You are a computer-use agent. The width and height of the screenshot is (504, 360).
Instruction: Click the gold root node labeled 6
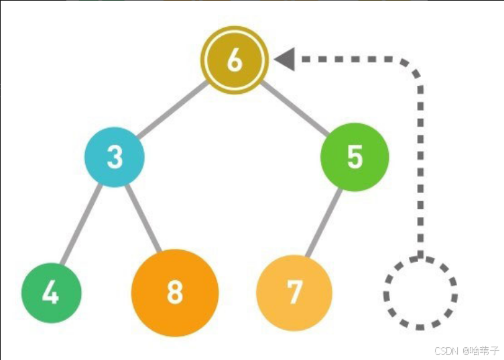tap(235, 60)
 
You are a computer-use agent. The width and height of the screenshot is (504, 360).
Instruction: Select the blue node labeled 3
tap(115, 157)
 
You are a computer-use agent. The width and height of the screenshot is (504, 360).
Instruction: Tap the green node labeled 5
tap(355, 157)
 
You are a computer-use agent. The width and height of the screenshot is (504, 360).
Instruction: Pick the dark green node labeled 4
tap(51, 293)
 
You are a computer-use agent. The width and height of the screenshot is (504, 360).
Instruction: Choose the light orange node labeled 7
tap(294, 292)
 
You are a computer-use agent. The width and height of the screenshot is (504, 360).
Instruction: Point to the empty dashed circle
tap(420, 293)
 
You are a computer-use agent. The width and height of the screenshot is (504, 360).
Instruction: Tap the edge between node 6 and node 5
tap(295, 109)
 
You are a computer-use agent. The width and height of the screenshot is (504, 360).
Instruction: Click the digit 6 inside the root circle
tap(235, 60)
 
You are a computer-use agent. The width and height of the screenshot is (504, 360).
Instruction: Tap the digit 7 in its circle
tap(294, 292)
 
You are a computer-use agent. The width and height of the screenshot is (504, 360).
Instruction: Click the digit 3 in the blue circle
tap(115, 157)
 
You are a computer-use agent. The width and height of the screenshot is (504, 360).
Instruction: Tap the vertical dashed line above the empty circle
tap(420, 168)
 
